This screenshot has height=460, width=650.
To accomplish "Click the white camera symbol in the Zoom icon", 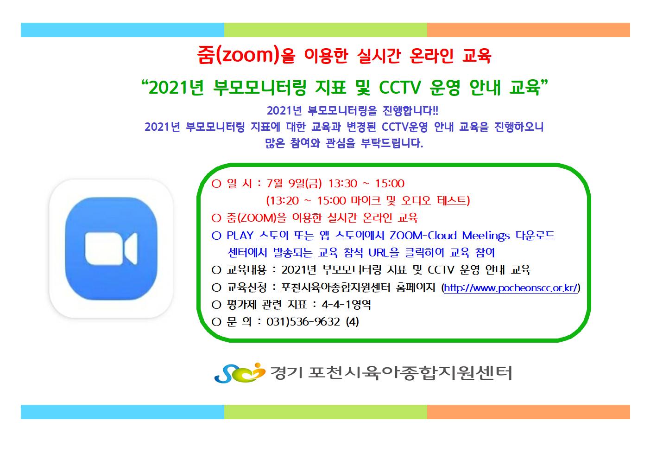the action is point(111,249).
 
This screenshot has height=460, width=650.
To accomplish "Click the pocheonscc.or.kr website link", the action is point(511,288).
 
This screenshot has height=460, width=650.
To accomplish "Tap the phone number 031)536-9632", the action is point(303,322).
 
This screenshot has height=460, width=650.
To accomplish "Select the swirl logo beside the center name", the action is point(240,373).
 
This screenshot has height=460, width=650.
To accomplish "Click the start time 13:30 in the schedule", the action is point(342,184).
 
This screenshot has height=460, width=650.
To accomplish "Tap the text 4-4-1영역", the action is point(346,305).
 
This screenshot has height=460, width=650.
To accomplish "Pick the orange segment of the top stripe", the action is point(529,30).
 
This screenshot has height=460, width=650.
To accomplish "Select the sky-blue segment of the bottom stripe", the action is point(122,412).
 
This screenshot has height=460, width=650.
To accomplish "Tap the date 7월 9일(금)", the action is point(294,184).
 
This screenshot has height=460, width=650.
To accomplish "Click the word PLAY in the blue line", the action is point(240,236).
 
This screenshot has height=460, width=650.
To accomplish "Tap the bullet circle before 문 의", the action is point(216,322).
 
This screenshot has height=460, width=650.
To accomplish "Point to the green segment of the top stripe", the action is point(326,30).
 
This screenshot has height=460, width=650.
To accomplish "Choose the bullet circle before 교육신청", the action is point(216,288).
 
